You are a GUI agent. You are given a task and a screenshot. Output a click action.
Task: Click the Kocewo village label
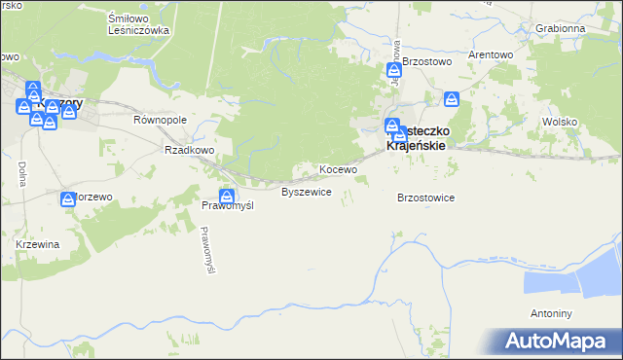coord(339,169)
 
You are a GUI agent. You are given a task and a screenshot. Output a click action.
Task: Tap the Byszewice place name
coord(307,192)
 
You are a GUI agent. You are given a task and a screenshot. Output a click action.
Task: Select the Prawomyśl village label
coord(227,206)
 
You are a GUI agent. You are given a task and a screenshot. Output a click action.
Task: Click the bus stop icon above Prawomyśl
coord(226,196)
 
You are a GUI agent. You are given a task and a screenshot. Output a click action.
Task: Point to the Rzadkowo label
coord(189,150)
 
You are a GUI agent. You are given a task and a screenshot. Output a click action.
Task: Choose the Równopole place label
coord(159,120)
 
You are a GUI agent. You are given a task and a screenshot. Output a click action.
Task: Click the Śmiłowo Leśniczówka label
coord(138,23)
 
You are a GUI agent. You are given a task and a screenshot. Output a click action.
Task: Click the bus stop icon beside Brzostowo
coord(394,70)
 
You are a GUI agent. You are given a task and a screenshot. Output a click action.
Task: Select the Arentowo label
coord(491,54)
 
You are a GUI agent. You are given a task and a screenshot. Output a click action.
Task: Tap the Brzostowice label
coord(426,198)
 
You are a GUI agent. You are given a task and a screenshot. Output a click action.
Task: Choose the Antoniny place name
coord(552,314)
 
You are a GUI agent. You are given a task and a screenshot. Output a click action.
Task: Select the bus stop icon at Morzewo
coord(68,198)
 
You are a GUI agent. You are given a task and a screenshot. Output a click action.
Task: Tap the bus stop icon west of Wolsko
coord(452,98)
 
